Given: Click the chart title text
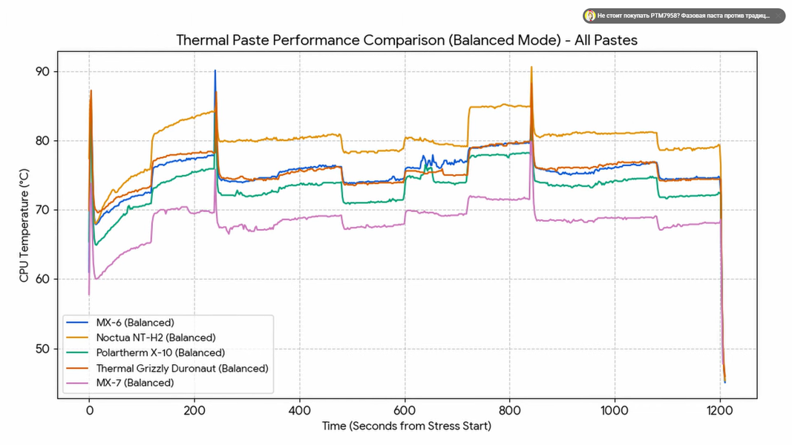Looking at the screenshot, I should (x=406, y=40).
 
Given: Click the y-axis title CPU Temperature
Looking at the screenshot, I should (x=24, y=225).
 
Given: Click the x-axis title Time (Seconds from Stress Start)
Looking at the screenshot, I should (x=406, y=426).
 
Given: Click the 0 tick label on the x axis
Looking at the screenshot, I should (x=89, y=409).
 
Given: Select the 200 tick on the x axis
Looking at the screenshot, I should (x=194, y=409).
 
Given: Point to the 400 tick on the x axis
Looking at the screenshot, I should (x=299, y=409).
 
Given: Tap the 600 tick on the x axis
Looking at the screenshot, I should (x=405, y=409).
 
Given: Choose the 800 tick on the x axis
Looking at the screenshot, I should (x=509, y=409).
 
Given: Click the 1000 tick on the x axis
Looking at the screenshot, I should (x=614, y=409).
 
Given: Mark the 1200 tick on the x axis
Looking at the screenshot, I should (x=719, y=409).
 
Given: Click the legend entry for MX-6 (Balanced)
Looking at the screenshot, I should (x=134, y=323).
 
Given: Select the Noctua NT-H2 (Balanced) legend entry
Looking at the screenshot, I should (x=156, y=337).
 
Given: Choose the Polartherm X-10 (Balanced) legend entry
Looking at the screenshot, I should (x=160, y=353).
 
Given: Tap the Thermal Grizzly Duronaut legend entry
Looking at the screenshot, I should (x=182, y=368).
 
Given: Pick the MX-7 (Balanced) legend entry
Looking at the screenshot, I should (x=134, y=383).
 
